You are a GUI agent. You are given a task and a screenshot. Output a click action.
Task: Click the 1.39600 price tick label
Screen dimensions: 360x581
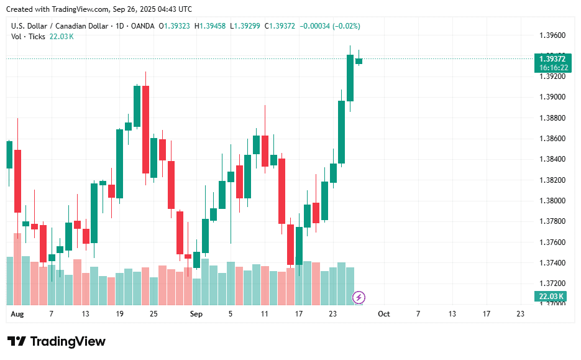[x=552, y=35]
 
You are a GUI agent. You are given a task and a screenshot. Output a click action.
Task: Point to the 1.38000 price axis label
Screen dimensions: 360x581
[x=552, y=201]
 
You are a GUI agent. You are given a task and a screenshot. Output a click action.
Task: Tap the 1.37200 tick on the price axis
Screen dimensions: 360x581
[x=552, y=284]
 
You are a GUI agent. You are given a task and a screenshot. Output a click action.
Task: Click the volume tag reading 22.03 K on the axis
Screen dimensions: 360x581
[x=551, y=297]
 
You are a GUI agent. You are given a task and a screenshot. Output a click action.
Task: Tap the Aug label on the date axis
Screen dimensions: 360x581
[x=17, y=314]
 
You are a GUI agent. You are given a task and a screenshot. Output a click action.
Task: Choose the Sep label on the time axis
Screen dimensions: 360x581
[x=196, y=314]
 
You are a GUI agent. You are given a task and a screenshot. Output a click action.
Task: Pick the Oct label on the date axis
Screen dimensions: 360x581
[x=384, y=314]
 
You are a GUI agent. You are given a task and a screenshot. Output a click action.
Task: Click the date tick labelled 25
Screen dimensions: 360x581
[x=153, y=314]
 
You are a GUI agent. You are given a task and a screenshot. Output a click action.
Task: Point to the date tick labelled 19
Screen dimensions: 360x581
[x=119, y=314]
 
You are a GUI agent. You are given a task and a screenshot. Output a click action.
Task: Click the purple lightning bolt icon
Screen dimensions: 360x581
[x=359, y=297]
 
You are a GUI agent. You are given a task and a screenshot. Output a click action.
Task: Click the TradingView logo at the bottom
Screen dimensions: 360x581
[x=57, y=341]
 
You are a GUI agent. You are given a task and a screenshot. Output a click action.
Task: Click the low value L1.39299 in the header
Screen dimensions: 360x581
[x=247, y=26]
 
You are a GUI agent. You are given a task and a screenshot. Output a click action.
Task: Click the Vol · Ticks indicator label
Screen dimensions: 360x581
[x=28, y=36]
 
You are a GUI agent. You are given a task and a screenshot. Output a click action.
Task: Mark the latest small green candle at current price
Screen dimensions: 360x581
[x=359, y=60]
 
